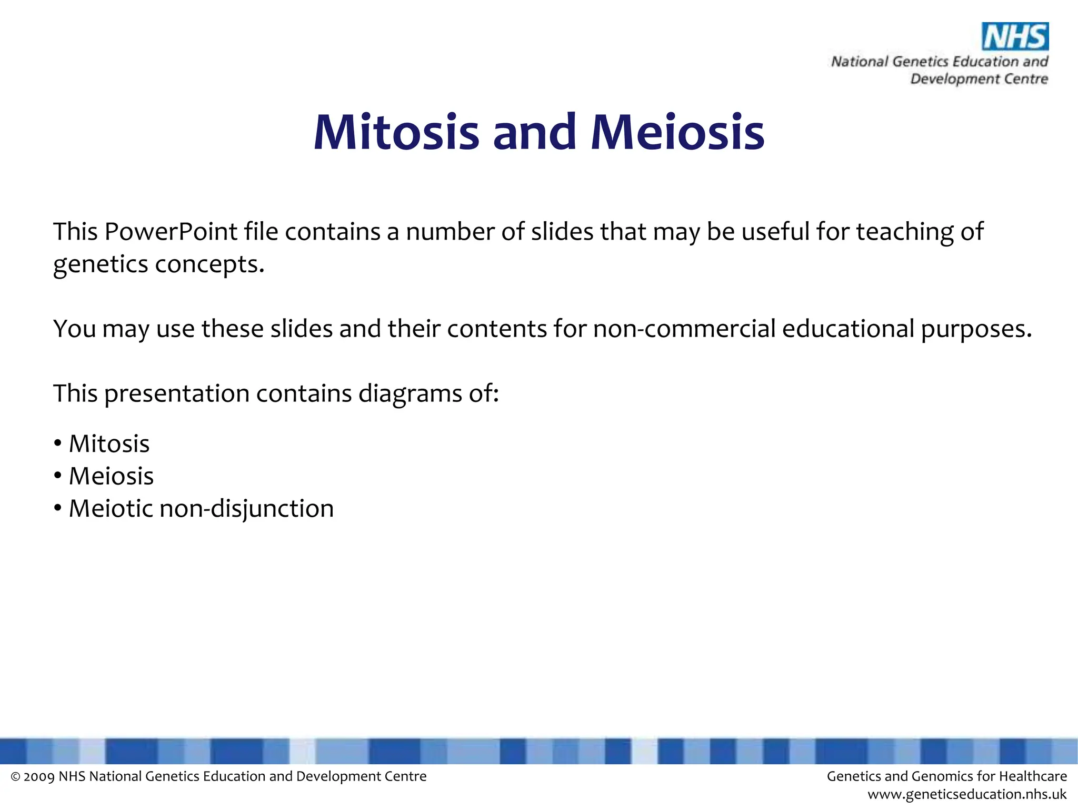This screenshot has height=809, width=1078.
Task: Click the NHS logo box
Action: coord(1015,36)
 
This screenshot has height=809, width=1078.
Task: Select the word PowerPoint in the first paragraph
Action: coord(171,232)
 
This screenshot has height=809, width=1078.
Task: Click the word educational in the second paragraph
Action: coord(848,329)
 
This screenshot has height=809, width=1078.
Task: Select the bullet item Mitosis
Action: coord(109,444)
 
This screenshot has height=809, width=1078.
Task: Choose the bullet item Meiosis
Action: coord(111,476)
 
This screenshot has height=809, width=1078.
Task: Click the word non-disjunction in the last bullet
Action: coord(246,509)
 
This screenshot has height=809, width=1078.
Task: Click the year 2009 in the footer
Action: coord(39,776)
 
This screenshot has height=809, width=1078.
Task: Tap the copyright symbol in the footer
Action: coord(15,777)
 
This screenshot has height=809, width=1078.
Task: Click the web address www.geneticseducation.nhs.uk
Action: coord(966,794)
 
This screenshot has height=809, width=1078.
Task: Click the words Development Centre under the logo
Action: coord(979,79)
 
